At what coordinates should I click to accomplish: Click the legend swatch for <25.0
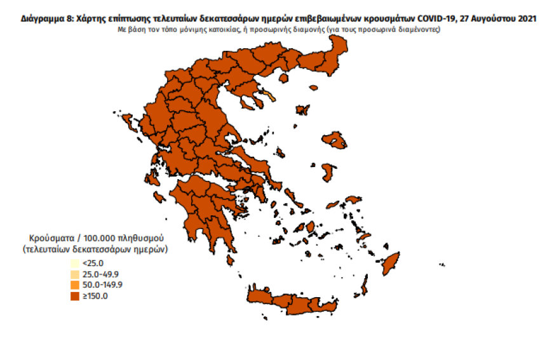(x=75, y=263)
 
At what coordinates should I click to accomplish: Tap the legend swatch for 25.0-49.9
(x=75, y=274)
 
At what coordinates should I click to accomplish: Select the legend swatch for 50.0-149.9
(x=75, y=284)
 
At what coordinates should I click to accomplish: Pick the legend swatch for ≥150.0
(x=75, y=295)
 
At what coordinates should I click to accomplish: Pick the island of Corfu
(x=128, y=120)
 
